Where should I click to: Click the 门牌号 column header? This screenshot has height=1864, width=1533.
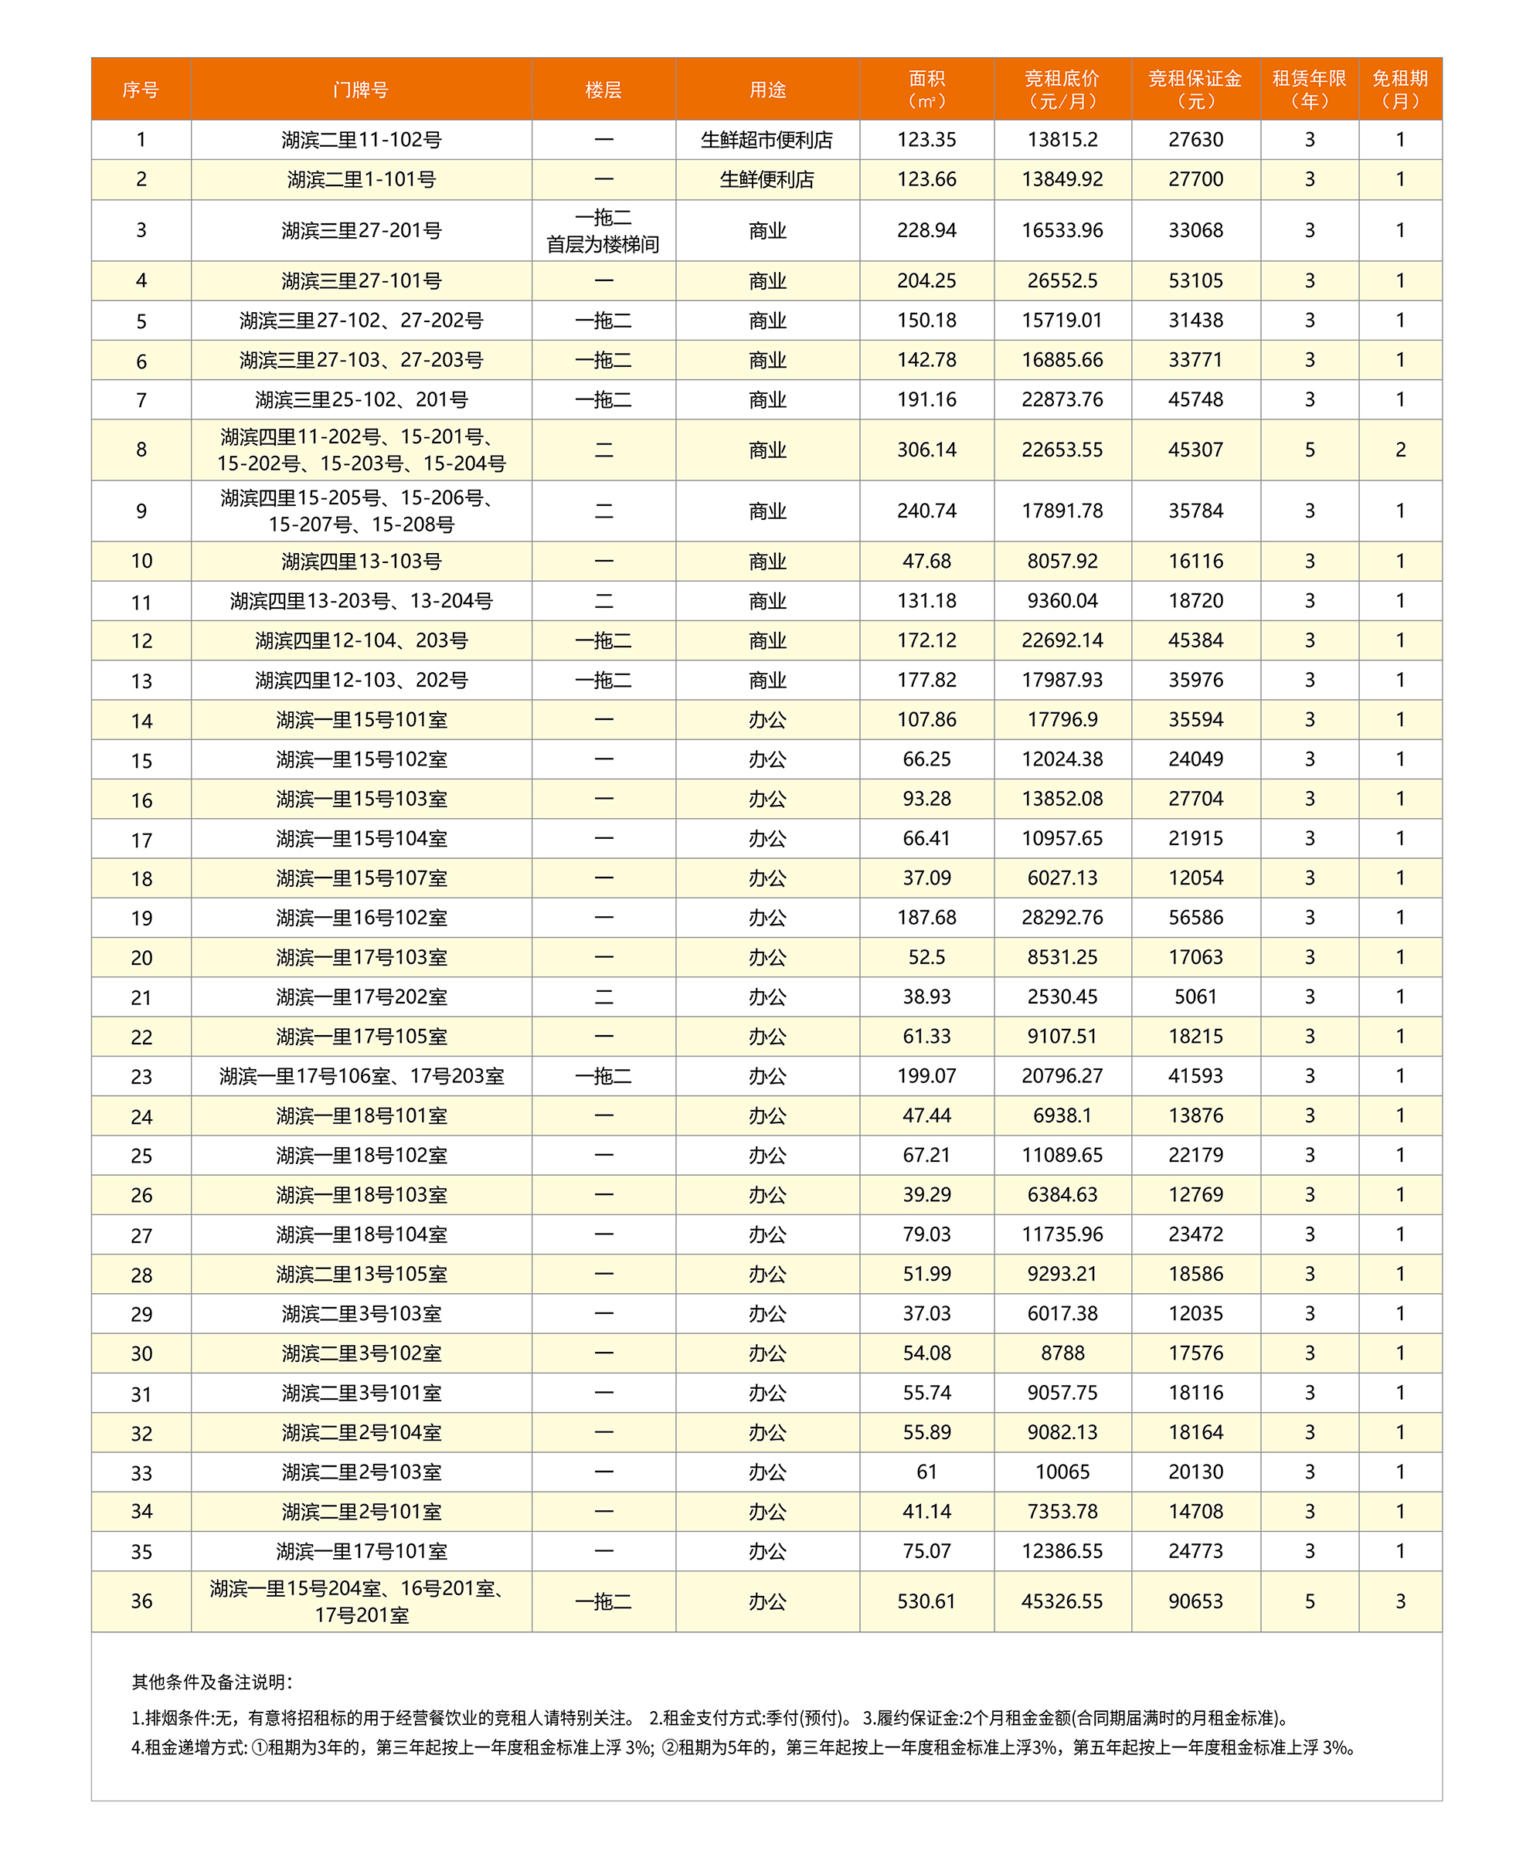coord(360,89)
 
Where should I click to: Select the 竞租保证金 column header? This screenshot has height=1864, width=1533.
coord(1195,89)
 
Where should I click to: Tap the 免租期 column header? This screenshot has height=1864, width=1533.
coord(1399,89)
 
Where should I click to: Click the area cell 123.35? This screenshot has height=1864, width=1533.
coord(926,140)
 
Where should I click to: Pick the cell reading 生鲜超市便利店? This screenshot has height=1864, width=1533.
coord(766,140)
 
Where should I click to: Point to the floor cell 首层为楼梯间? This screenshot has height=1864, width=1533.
coord(603,245)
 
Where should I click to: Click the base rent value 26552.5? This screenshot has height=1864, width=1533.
coord(1062,280)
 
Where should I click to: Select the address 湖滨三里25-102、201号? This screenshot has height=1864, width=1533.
coord(361,400)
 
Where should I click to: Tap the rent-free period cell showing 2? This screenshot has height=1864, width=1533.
coord(1399,450)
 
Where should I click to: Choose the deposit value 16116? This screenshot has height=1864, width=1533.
coord(1195,561)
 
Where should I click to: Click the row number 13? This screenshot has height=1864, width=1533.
coord(141,681)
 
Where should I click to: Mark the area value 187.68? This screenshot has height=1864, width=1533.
coord(926,918)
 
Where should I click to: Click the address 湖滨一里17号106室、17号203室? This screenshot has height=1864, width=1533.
coord(361,1076)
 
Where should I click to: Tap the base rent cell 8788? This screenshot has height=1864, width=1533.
coord(1062,1353)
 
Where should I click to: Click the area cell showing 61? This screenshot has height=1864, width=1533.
coord(926,1472)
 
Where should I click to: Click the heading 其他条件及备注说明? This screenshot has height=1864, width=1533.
coord(212,1682)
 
